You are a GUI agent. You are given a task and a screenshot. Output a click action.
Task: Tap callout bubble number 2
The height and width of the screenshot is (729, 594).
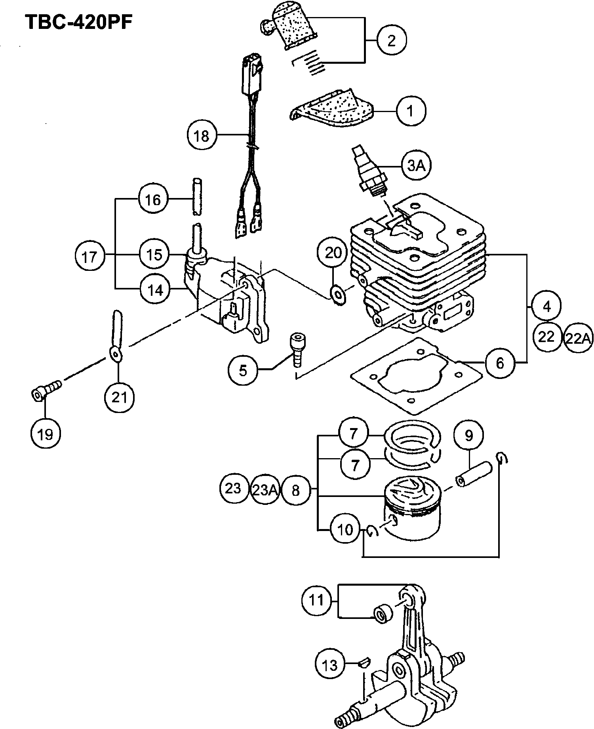391,40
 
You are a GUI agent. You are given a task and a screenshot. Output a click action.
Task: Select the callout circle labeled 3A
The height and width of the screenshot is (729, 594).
416,166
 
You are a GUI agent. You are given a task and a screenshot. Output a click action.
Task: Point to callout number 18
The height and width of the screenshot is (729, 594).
202,136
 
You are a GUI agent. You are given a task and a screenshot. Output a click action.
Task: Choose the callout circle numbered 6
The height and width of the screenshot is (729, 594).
500,363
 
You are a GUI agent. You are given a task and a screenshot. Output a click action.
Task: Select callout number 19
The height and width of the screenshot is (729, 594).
45,434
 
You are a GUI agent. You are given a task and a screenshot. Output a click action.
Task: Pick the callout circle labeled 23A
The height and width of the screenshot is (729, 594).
265,490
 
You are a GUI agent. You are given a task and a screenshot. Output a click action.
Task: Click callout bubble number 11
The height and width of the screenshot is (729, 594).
316,600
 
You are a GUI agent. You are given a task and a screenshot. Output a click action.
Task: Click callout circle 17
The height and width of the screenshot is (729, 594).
89,257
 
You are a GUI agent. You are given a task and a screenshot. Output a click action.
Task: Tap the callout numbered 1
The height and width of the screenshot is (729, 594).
411,111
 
